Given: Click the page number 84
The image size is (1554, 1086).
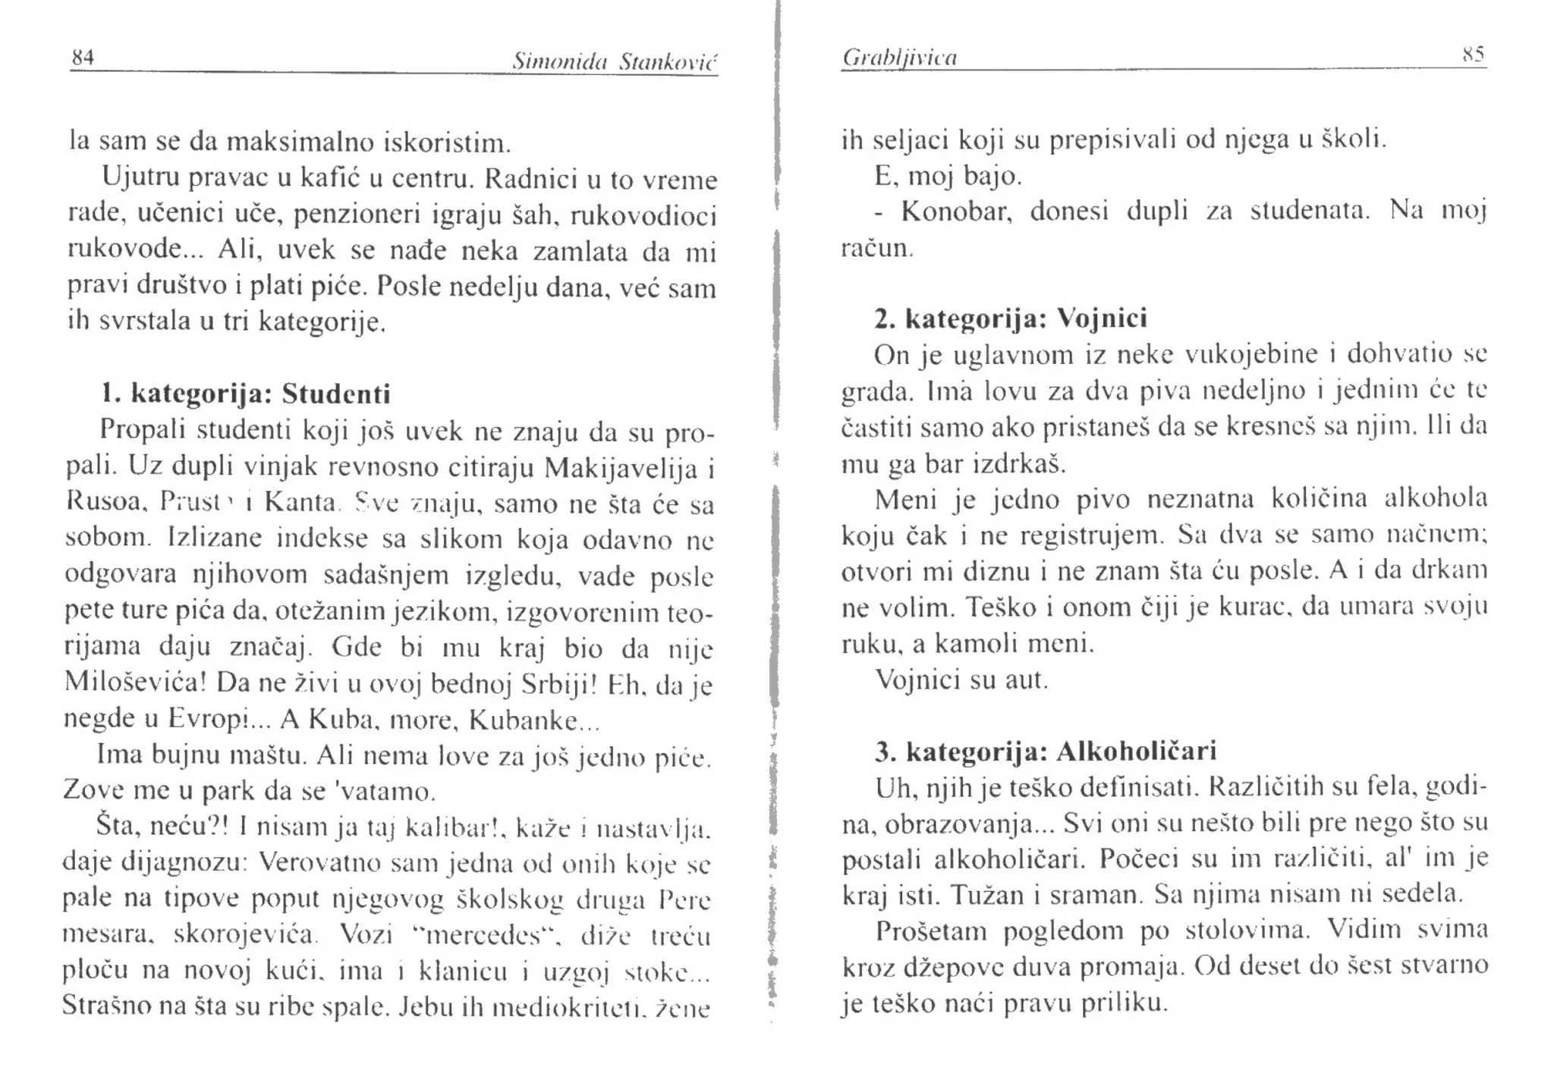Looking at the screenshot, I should click(x=82, y=57).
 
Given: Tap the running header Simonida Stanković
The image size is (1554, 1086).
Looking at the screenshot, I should click(x=614, y=61).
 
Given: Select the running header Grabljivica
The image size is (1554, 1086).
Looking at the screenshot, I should click(x=899, y=58).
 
